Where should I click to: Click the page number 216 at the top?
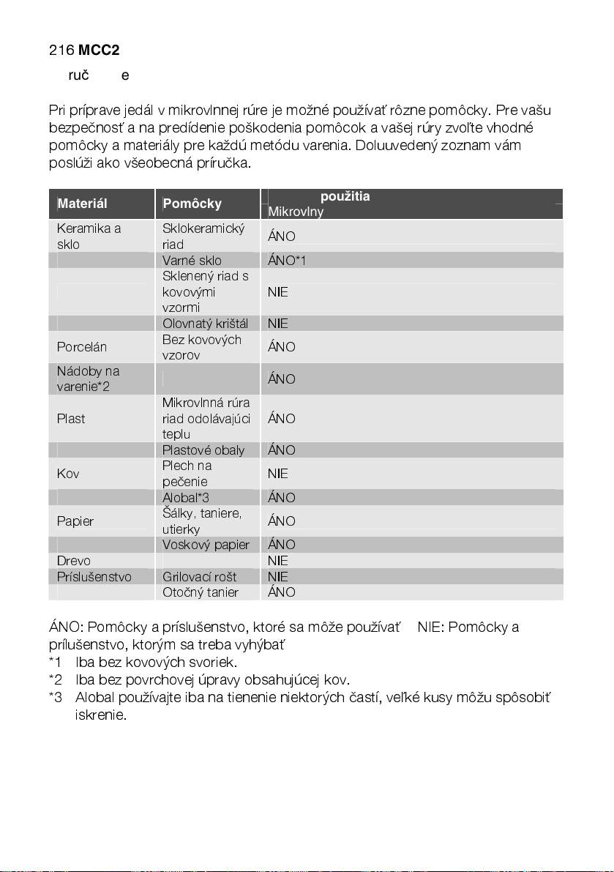61,51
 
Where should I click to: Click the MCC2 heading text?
99,51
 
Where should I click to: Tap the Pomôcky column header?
192,204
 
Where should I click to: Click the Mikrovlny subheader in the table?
296,212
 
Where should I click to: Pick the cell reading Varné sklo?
192,261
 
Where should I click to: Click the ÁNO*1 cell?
287,261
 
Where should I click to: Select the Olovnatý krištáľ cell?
205,324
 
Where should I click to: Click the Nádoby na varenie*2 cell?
88,379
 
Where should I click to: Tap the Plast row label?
71,419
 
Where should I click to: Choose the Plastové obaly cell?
203,450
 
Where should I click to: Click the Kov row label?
67,474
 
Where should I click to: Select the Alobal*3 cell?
186,498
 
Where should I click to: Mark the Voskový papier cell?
206,545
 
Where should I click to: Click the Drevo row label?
74,561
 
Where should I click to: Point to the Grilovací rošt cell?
199,577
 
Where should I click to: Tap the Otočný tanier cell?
200,592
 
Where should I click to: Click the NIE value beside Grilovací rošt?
278,577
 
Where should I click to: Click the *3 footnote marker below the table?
56,697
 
